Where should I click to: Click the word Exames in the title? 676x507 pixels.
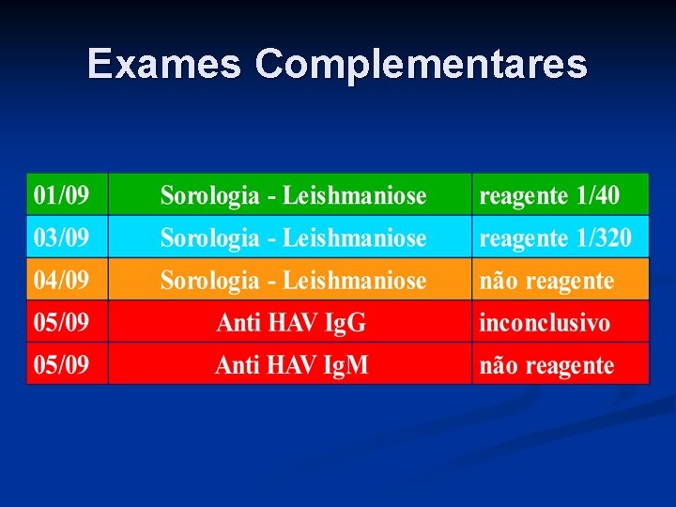165,64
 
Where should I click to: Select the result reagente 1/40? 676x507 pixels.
549,196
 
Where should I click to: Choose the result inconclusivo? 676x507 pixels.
545,323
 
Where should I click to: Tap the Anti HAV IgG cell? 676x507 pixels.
291,323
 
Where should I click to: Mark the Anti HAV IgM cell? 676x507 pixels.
291,365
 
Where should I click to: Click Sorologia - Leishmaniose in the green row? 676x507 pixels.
293,196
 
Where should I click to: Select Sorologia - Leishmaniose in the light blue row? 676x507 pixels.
293,238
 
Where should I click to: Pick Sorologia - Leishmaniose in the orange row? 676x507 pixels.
293,281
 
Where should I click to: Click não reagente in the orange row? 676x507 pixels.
546,281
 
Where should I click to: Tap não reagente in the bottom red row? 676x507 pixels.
546,365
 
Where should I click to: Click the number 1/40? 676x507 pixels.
598,196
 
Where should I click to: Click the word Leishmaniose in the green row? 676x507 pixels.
355,196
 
